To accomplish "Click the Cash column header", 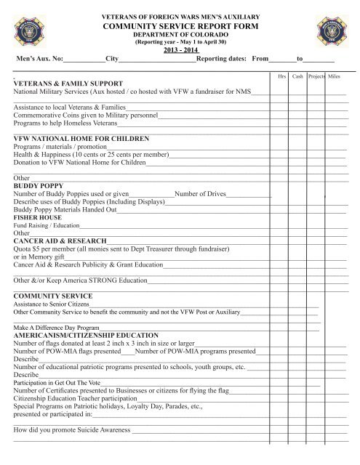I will (297, 75).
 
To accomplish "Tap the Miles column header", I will (335, 75).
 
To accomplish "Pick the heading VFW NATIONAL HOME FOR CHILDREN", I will (81, 137).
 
